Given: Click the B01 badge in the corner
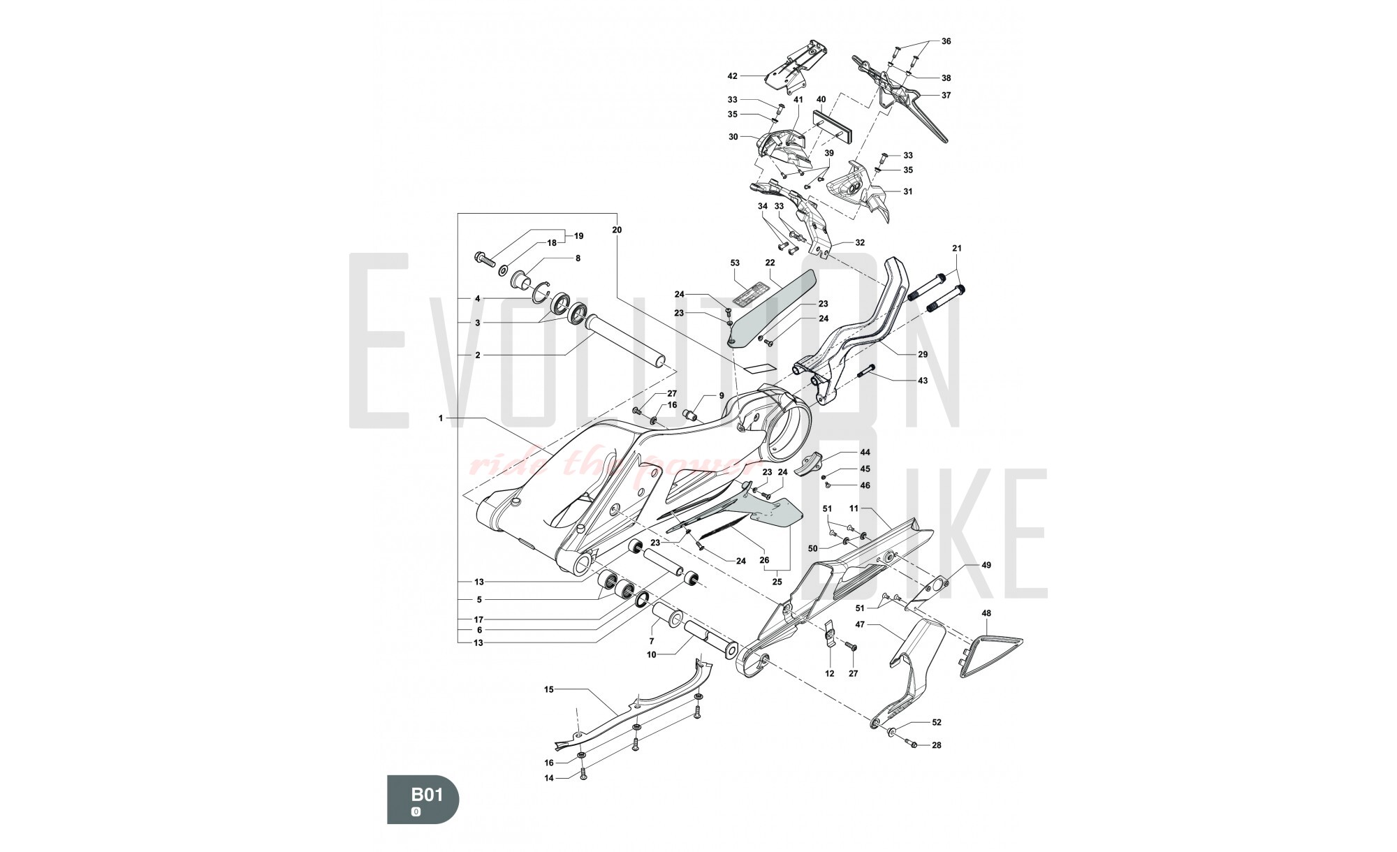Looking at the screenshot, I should pyautogui.click(x=423, y=799).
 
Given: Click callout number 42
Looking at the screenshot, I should pyautogui.click(x=732, y=75).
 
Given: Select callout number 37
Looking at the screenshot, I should pyautogui.click(x=946, y=95).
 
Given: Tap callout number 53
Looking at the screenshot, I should pyautogui.click(x=735, y=263).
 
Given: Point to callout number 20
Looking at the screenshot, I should pyautogui.click(x=617, y=230).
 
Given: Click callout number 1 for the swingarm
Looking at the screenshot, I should pyautogui.click(x=441, y=418).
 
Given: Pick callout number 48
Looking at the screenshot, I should pyautogui.click(x=986, y=613).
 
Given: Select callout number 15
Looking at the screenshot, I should pyautogui.click(x=548, y=689).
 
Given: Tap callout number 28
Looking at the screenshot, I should pyautogui.click(x=936, y=745).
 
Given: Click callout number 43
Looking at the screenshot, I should pyautogui.click(x=923, y=381).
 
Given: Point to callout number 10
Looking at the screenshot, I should pyautogui.click(x=651, y=654).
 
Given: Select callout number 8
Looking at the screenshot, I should pyautogui.click(x=578, y=258).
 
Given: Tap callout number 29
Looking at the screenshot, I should pyautogui.click(x=923, y=355).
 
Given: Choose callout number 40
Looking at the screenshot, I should pyautogui.click(x=821, y=99).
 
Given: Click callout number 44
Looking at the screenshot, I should pyautogui.click(x=865, y=453).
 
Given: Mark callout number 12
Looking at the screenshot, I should pyautogui.click(x=830, y=674).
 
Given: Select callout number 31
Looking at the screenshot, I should pyautogui.click(x=907, y=191).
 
